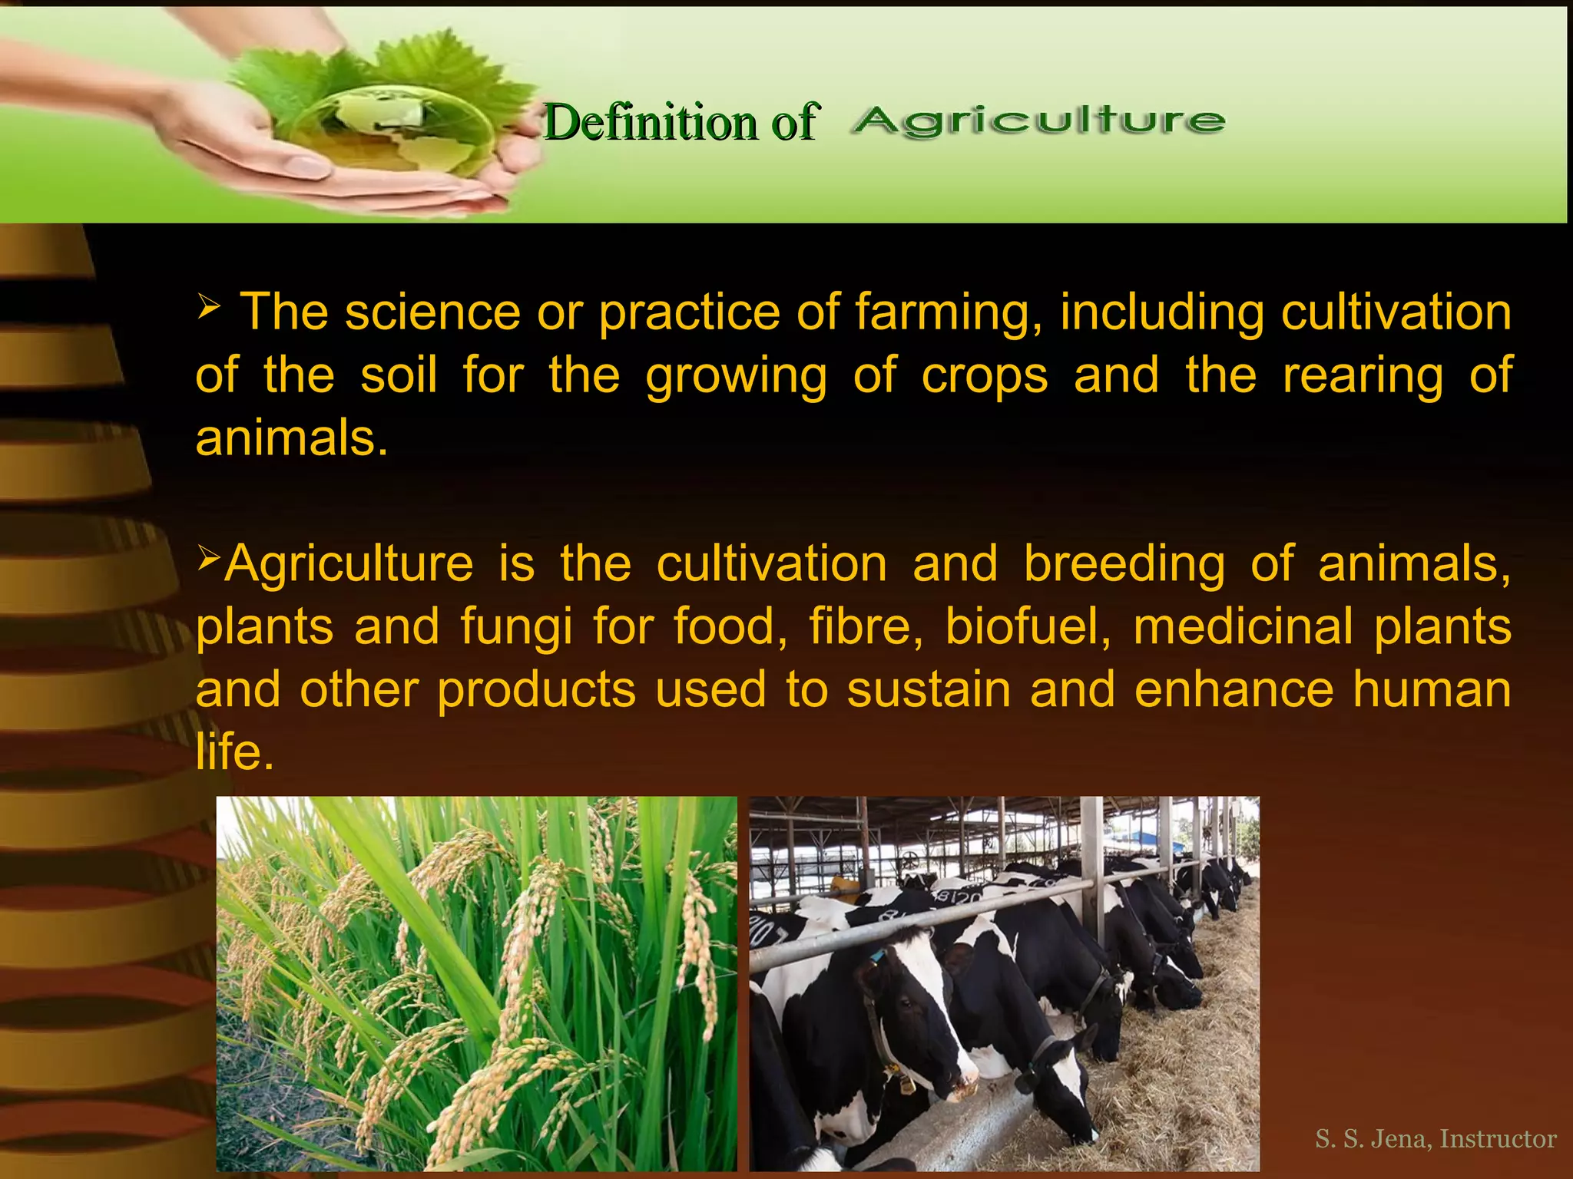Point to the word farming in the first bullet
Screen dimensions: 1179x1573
pos(948,313)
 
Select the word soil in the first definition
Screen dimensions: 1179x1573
pos(399,375)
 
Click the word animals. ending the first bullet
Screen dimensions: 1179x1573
pos(291,438)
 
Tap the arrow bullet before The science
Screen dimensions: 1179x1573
pos(209,306)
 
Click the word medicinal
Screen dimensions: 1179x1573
pos(1243,626)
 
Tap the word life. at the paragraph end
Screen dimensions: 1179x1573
pos(234,751)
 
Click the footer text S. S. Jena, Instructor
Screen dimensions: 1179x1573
pos(1435,1138)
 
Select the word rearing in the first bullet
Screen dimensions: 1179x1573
pos(1363,375)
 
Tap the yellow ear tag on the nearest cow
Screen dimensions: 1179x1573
pos(907,1085)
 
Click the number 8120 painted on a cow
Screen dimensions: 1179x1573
pos(957,897)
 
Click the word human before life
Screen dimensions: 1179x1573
pos(1432,689)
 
